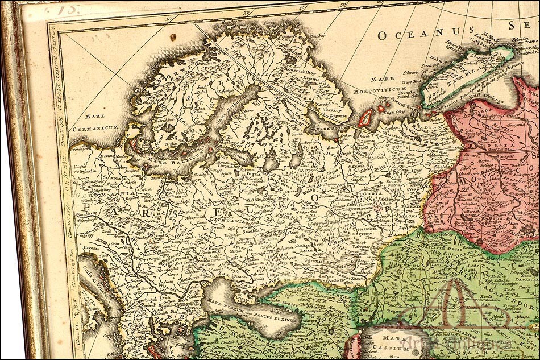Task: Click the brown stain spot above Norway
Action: tap(173, 38)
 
